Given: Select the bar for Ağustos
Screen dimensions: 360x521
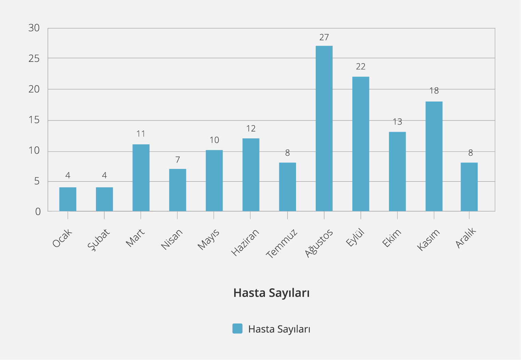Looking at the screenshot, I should tap(324, 128).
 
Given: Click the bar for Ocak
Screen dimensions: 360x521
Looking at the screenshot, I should tap(68, 199).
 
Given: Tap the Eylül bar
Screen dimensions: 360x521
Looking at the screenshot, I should tap(361, 144).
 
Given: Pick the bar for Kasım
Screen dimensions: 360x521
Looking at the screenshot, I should tap(434, 156).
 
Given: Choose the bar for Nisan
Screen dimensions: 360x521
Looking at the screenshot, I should tap(178, 190).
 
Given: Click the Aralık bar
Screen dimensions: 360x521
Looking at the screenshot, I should tap(469, 187).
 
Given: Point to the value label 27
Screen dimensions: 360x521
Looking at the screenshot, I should tap(324, 37).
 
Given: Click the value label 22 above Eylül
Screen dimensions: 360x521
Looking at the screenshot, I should tap(361, 67).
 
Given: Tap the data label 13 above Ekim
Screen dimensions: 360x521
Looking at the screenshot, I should tap(397, 122).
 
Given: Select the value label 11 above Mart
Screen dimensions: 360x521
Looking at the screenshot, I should tap(141, 134).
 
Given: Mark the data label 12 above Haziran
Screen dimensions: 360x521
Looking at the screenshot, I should tap(251, 129).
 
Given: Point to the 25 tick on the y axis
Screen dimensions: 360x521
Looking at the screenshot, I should tap(34, 59).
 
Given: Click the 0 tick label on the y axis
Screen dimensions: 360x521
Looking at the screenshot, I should tap(38, 212).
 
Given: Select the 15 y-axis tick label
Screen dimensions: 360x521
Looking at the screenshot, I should tap(34, 120).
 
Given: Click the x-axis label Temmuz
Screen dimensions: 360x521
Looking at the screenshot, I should tap(282, 244).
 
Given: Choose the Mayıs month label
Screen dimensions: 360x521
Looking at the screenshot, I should tap(209, 239).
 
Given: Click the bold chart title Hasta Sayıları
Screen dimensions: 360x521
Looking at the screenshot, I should tap(271, 293).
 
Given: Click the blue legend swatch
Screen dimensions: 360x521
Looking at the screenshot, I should tap(237, 329).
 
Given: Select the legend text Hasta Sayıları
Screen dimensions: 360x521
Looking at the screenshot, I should tap(279, 329).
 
